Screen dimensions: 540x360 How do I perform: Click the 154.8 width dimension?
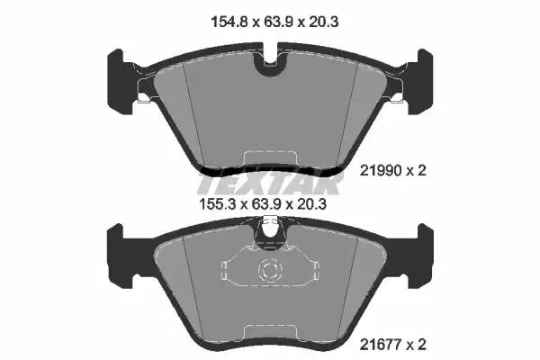(230, 22)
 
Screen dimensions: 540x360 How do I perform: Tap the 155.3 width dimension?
(219, 204)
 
